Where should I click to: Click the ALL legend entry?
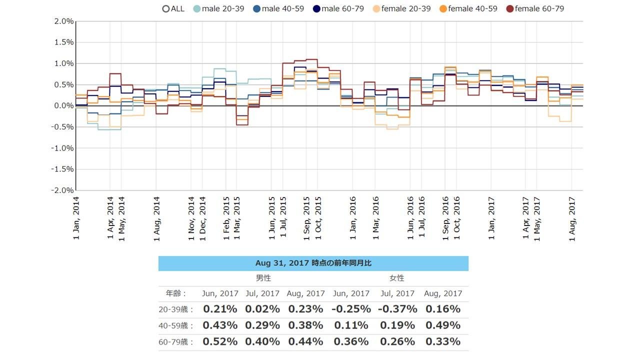tap(173, 8)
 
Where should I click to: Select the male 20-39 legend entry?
tap(218, 8)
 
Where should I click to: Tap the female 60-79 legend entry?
tap(535, 8)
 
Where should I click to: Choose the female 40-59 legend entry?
tap(468, 8)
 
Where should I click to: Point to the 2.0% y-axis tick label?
tap(63, 21)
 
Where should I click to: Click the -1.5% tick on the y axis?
tap(61, 169)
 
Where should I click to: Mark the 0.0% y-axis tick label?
tap(63, 106)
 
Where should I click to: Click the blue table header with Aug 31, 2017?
tap(313, 263)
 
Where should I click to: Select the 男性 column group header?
tap(263, 278)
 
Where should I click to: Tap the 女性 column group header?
tap(396, 278)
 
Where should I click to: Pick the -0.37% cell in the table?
tap(397, 309)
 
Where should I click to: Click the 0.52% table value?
tap(219, 342)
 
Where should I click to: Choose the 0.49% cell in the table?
tap(442, 325)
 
